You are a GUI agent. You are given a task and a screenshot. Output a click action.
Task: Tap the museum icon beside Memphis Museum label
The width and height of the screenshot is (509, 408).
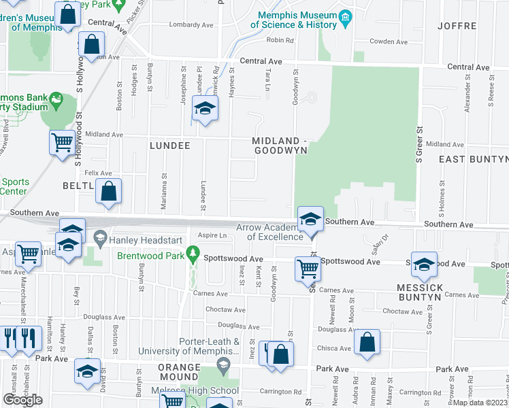click(x=345, y=16)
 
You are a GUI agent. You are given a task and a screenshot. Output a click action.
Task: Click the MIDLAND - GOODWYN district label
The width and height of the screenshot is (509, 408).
click(x=280, y=145)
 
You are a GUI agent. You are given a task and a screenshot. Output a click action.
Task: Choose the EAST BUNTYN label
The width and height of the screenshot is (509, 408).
click(x=474, y=159)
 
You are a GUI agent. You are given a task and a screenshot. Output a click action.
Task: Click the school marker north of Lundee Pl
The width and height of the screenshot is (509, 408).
click(x=204, y=109)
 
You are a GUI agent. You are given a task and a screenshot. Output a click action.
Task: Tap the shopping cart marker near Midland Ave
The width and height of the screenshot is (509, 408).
click(x=62, y=143)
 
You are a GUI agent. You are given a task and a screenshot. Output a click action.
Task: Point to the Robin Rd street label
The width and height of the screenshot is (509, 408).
click(x=280, y=40)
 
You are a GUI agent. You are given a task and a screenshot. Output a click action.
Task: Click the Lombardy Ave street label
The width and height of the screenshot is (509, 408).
click(x=191, y=25)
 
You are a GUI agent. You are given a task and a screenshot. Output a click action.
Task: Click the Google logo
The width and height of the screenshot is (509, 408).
click(x=23, y=400)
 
